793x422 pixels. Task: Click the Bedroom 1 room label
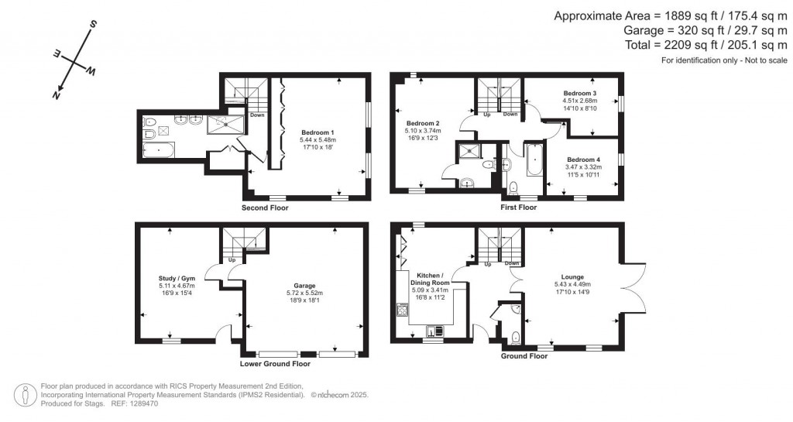point(318,132)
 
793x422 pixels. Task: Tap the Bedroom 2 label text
point(423,124)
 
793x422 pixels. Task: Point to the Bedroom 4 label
point(583,160)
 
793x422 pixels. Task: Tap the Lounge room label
point(572,276)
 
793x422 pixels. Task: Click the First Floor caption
point(518,208)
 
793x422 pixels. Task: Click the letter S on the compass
point(93,25)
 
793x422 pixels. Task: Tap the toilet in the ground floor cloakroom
point(515,337)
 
